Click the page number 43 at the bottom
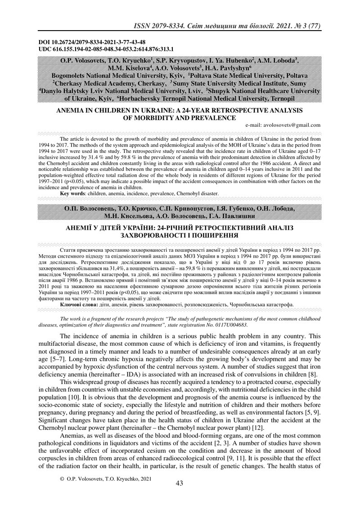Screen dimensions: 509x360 point(180,483)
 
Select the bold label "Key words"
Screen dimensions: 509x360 point(75,193)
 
